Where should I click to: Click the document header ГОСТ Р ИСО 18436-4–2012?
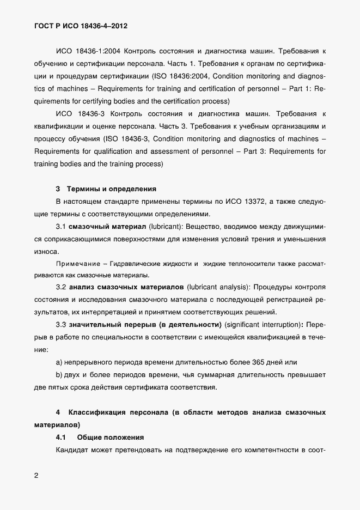coord(81,26)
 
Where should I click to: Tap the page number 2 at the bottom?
coord(36,475)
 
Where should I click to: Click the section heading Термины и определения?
coord(111,190)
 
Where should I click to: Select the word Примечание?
coord(76,264)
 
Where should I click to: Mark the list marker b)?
coord(59,375)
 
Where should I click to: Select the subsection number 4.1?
coord(61,437)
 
